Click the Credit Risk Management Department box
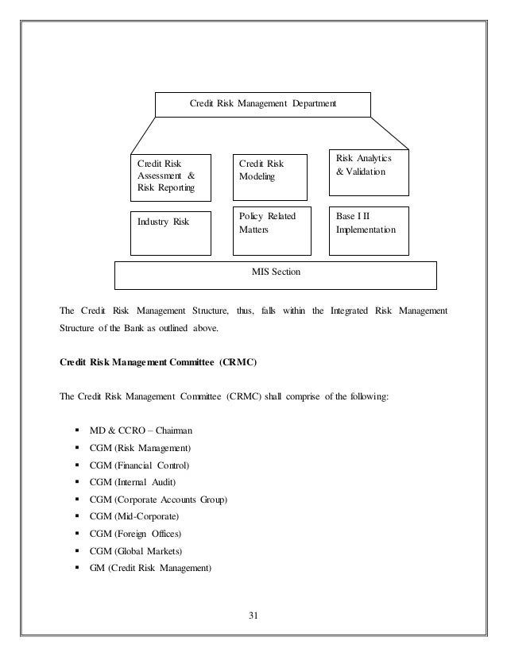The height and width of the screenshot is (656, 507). [x=262, y=103]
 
